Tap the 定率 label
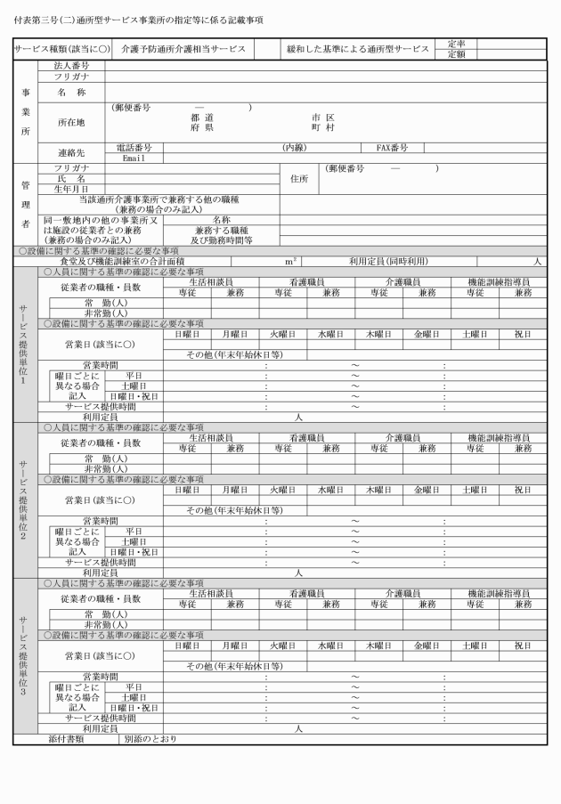pyautogui.click(x=456, y=43)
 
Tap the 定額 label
pyautogui.click(x=456, y=54)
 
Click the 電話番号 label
pyautogui.click(x=134, y=147)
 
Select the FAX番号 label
pyautogui.click(x=392, y=147)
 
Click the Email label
pyautogui.click(x=134, y=158)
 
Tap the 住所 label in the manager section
pyautogui.click(x=298, y=178)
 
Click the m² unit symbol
pyautogui.click(x=290, y=261)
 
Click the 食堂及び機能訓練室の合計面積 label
pyautogui.click(x=134, y=261)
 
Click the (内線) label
pyautogui.click(x=294, y=147)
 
